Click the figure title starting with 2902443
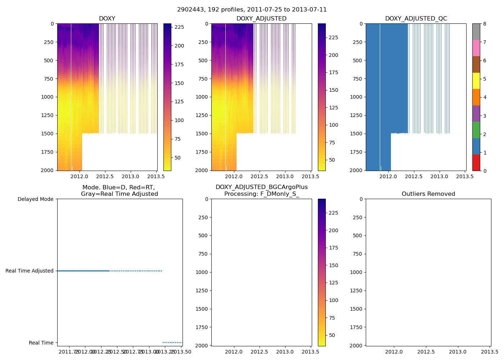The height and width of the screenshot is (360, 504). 252,10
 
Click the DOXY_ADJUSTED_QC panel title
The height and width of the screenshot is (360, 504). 416,19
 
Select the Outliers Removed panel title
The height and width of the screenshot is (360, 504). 428,194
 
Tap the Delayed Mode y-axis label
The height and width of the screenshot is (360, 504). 35,199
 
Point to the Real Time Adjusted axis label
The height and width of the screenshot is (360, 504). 30,271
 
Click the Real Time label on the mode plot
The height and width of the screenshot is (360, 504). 41,343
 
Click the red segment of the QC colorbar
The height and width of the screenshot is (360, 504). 476,162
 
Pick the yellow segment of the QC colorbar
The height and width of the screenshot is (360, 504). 476,81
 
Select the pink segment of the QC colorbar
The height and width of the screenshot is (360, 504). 476,48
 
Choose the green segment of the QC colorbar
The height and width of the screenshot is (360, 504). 476,130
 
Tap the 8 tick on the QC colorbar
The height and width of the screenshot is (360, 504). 485,24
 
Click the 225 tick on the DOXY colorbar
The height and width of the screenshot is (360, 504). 179,27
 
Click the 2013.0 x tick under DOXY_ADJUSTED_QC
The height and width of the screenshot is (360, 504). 439,176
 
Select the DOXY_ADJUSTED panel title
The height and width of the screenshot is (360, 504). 261,19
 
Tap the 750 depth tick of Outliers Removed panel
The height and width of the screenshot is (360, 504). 357,254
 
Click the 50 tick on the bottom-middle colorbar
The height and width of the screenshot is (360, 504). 332,335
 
